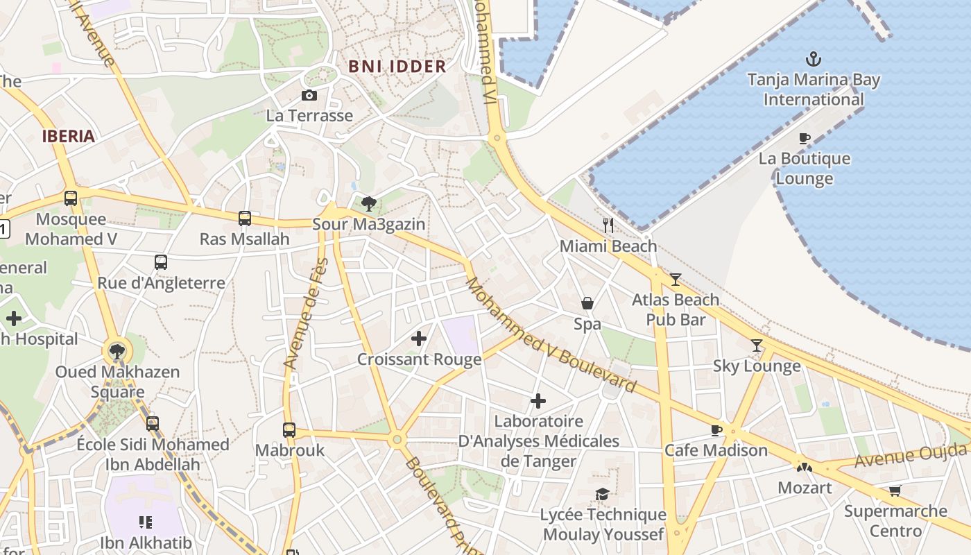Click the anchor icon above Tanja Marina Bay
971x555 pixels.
coord(813,59)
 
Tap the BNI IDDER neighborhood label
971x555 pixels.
coord(397,67)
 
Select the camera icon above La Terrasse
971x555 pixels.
coord(309,95)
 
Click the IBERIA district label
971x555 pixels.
coord(68,136)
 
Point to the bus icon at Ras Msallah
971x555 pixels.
coord(245,219)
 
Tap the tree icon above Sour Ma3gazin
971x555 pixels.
coord(369,203)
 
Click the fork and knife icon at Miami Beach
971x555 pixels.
coord(608,225)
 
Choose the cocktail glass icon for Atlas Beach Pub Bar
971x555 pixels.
coord(675,279)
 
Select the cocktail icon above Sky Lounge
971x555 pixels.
coord(757,345)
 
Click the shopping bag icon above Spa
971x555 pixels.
coord(587,303)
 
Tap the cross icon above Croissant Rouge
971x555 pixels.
coord(419,339)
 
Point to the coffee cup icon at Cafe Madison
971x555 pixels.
coord(716,430)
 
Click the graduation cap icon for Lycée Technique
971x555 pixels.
coord(603,494)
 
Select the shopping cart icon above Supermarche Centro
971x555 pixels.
coord(895,491)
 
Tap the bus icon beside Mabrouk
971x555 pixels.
coord(289,429)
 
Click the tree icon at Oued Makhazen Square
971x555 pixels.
coord(117,351)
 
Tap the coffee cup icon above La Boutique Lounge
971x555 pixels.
coord(805,138)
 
